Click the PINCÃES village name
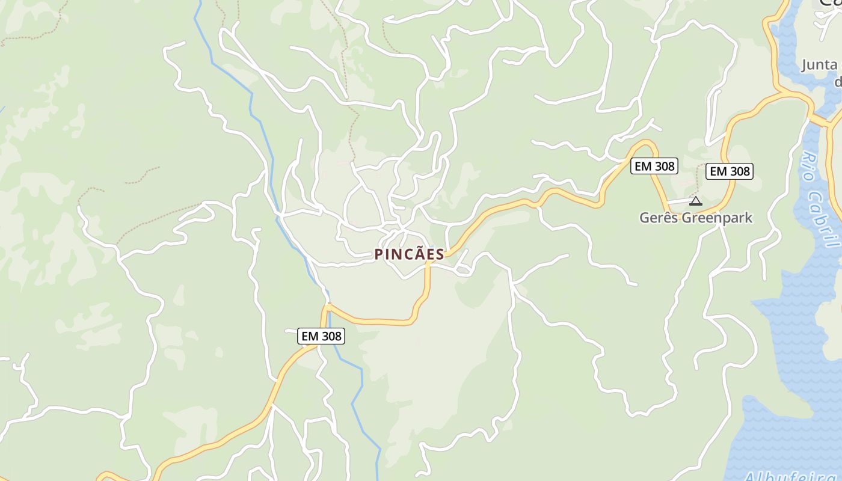tap(409, 254)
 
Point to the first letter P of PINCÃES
tap(379, 254)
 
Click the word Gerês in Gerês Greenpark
tap(659, 218)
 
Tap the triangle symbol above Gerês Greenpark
tap(696, 201)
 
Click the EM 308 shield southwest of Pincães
tap(321, 336)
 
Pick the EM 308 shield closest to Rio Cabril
tap(730, 171)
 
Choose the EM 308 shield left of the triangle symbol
tap(654, 166)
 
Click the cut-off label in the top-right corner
tap(829, 3)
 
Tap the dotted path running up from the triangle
tap(698, 177)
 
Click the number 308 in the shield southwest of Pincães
tap(331, 336)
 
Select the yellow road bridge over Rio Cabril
tap(819, 120)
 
